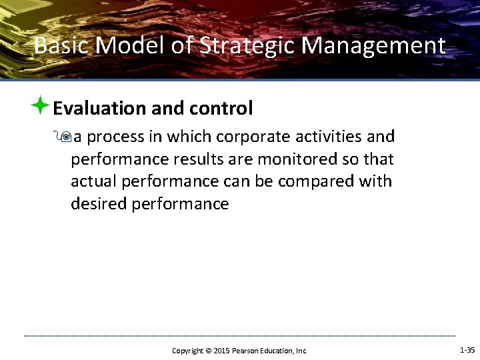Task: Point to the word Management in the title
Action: tap(374, 46)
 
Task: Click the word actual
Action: tap(92, 182)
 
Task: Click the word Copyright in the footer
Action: tap(187, 351)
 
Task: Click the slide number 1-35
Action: tap(467, 349)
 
